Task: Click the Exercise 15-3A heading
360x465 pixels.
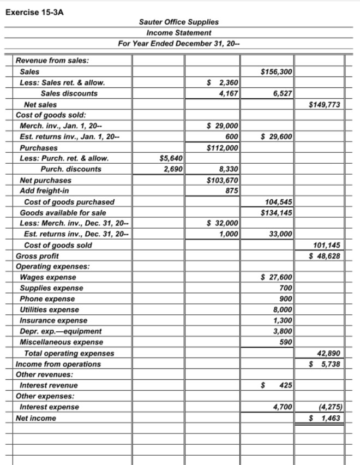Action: [x=34, y=9]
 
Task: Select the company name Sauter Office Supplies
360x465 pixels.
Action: [x=178, y=22]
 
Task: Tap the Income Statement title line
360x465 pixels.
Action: [x=178, y=33]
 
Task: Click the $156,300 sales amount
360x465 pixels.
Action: [x=277, y=71]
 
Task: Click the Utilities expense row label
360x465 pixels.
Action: [x=49, y=309]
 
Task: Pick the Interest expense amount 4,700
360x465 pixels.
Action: [x=282, y=407]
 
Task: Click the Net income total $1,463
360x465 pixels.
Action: [x=325, y=418]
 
